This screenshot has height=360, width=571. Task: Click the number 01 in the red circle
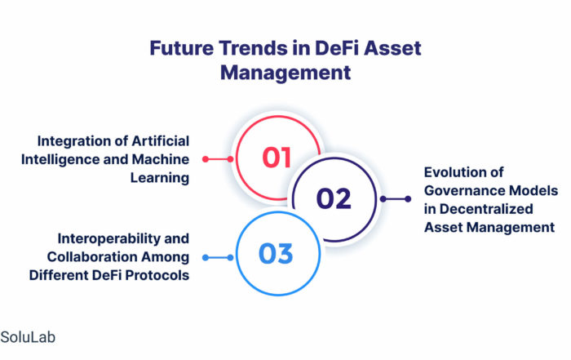click(277, 158)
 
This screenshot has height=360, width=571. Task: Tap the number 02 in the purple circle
click(334, 198)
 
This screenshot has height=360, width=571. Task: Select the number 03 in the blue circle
click(276, 254)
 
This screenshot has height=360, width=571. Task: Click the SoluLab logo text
click(28, 337)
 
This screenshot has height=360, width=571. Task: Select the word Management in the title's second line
click(285, 73)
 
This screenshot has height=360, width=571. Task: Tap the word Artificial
click(160, 141)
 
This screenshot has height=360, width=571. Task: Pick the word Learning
click(160, 178)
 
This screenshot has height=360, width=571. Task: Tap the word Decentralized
click(486, 209)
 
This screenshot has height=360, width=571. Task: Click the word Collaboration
click(92, 257)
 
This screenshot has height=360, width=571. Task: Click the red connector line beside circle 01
click(218, 159)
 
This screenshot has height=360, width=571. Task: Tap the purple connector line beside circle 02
click(396, 199)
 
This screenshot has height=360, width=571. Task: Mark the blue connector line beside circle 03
click(218, 258)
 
